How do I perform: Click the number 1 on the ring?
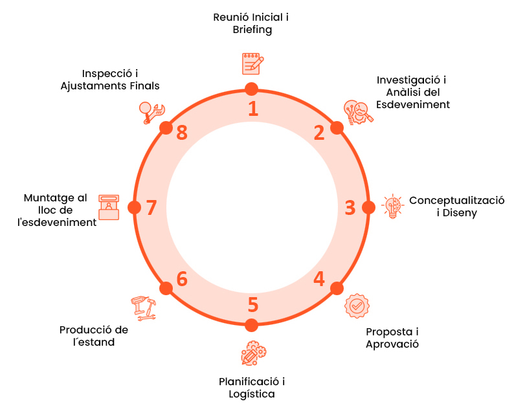click(x=253, y=108)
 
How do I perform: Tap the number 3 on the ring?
click(x=350, y=208)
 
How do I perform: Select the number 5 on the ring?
click(x=253, y=305)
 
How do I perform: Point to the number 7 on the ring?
click(x=151, y=208)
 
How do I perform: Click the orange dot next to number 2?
click(x=337, y=128)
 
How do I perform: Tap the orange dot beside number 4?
click(x=337, y=287)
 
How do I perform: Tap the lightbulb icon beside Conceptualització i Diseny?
click(x=392, y=206)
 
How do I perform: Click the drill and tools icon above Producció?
click(x=143, y=308)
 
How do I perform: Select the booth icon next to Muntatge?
click(x=109, y=207)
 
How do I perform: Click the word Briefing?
click(x=252, y=29)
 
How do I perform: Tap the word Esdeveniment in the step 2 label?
click(x=413, y=104)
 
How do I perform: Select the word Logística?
click(x=252, y=394)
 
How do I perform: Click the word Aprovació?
click(x=392, y=344)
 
